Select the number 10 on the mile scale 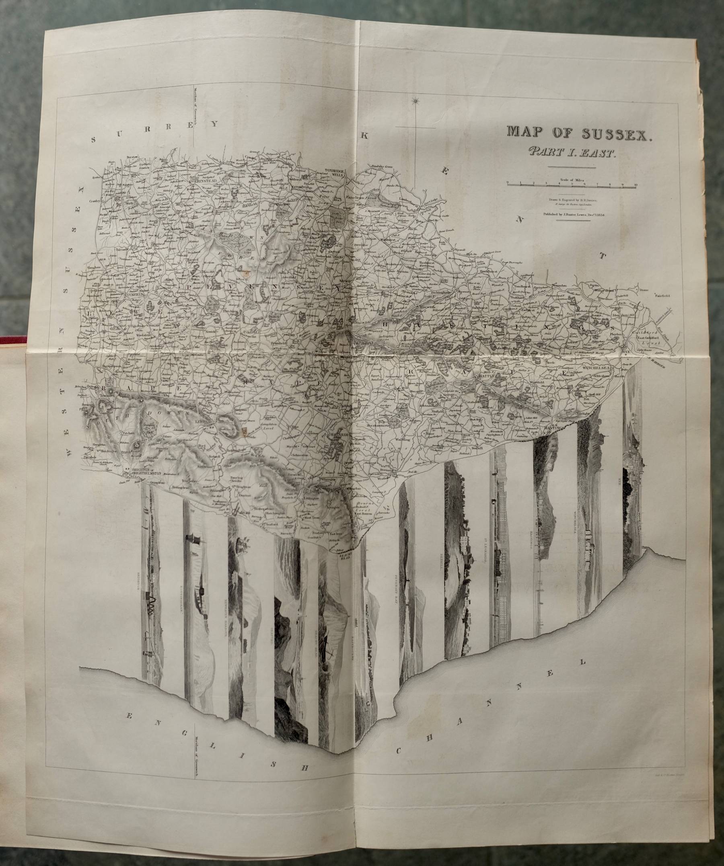(x=636, y=184)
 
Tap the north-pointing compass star (x=415, y=100)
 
